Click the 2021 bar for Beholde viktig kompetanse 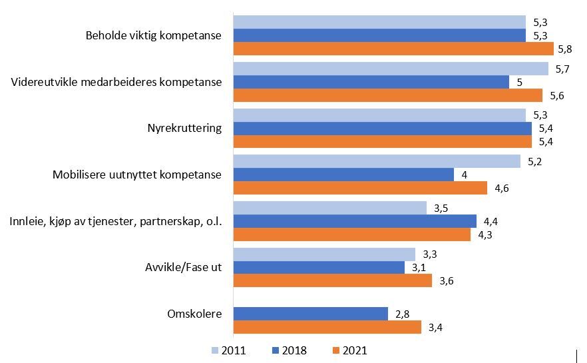pyautogui.click(x=393, y=49)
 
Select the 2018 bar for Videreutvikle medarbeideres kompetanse pyautogui.click(x=371, y=82)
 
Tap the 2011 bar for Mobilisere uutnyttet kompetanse pyautogui.click(x=376, y=161)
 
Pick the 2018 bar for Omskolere pyautogui.click(x=310, y=314)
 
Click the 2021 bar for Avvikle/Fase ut pyautogui.click(x=332, y=280)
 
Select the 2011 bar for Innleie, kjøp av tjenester pyautogui.click(x=329, y=208)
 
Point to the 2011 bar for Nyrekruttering pyautogui.click(x=379, y=115)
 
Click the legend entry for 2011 pyautogui.click(x=229, y=350)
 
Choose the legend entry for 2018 pyautogui.click(x=290, y=350)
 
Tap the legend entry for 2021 pyautogui.click(x=349, y=350)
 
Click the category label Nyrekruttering pyautogui.click(x=184, y=128)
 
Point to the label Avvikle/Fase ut pyautogui.click(x=184, y=267)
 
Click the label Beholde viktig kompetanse pyautogui.click(x=154, y=35)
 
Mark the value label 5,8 pyautogui.click(x=566, y=49)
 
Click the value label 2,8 pyautogui.click(x=401, y=314)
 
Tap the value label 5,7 pyautogui.click(x=562, y=69)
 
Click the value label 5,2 pyautogui.click(x=534, y=161)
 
